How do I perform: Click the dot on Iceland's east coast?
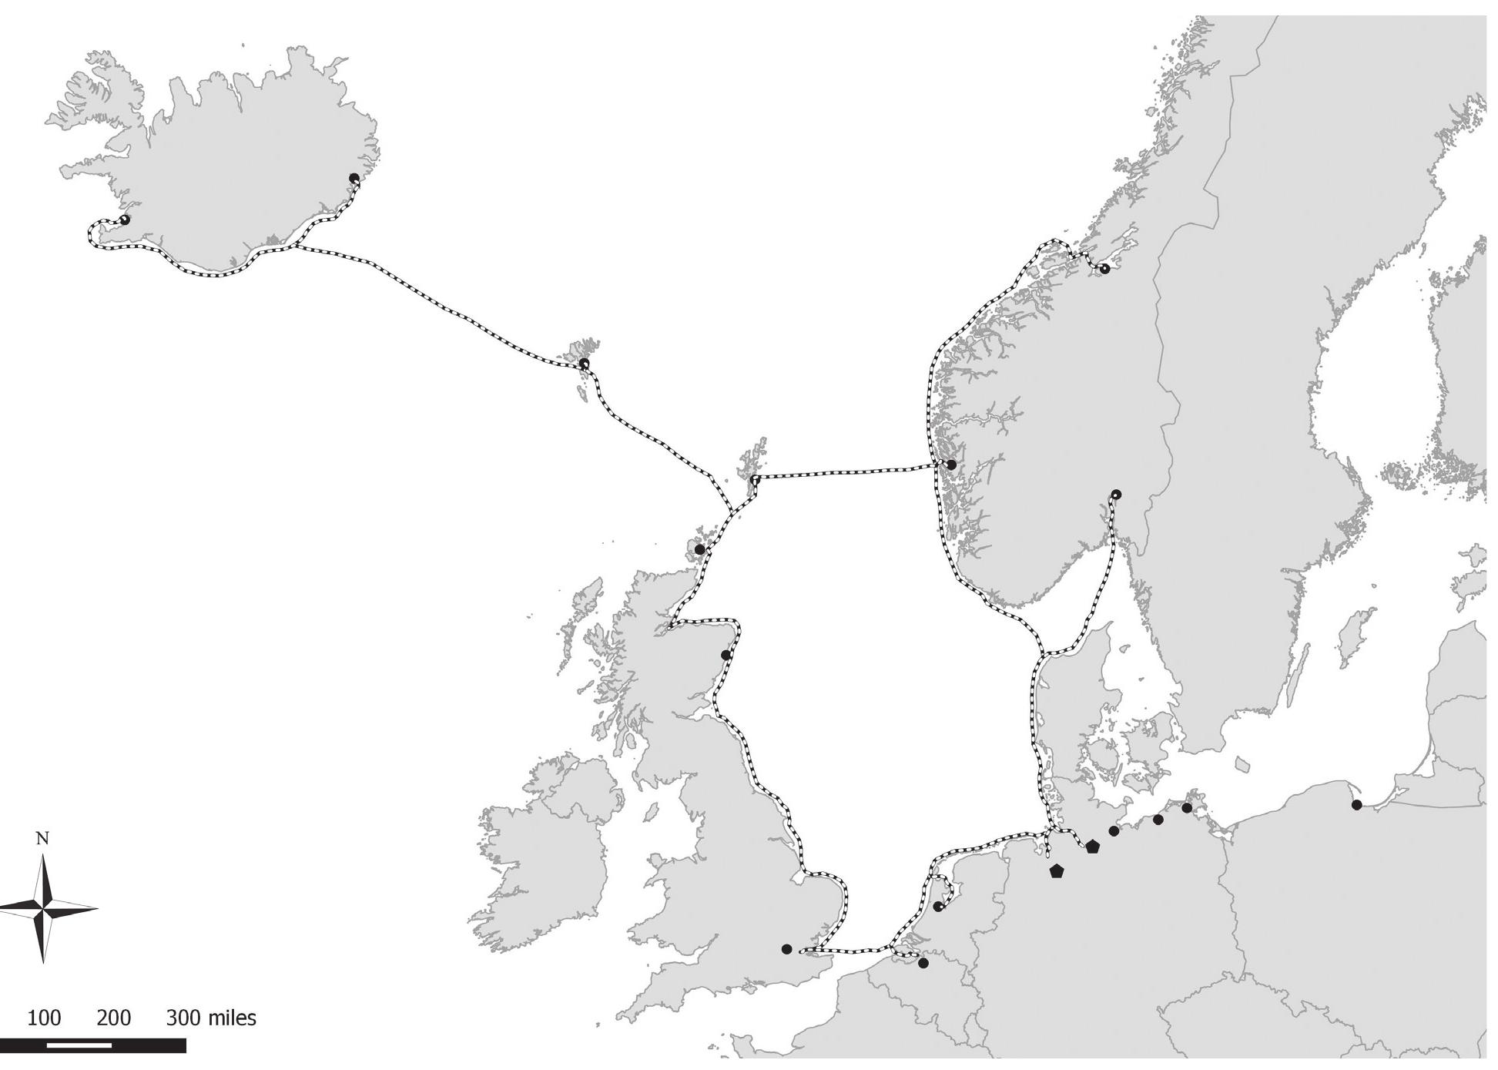tap(354, 178)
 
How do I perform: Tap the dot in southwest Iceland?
tap(125, 220)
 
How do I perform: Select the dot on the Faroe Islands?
tap(584, 363)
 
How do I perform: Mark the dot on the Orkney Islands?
tap(699, 549)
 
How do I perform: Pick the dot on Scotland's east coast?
tap(726, 655)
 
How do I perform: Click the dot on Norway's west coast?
tap(951, 465)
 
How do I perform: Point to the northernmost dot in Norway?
tap(1104, 269)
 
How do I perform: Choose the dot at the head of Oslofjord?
tap(1117, 495)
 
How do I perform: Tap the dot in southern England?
tap(786, 949)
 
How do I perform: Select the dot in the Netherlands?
tap(937, 907)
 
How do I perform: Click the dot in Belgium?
tap(923, 963)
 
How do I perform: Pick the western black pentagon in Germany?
tap(1057, 871)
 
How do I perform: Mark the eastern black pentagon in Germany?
tap(1093, 847)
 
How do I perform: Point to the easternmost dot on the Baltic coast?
tap(1356, 805)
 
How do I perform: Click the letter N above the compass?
tap(43, 839)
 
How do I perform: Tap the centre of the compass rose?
tap(45, 909)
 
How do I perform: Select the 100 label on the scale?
tap(44, 1018)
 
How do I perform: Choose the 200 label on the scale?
tap(114, 1018)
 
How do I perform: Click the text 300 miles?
tap(211, 1018)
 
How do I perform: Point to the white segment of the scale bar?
tap(79, 1045)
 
